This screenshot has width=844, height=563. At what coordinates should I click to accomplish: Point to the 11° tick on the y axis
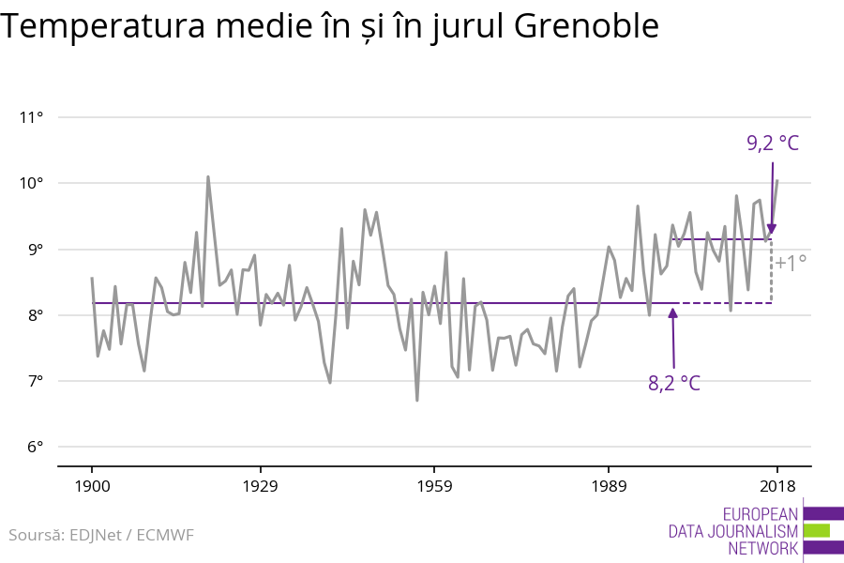(x=33, y=117)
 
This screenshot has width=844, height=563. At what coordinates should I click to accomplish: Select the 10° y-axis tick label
(x=33, y=183)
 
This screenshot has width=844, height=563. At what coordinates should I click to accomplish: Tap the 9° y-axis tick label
(x=35, y=250)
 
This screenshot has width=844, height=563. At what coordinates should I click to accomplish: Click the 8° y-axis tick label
(x=35, y=315)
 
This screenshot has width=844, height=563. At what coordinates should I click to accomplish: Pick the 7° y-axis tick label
(x=35, y=381)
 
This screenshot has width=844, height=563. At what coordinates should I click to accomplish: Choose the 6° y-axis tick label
(x=35, y=447)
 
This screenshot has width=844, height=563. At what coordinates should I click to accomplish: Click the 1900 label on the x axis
(x=92, y=486)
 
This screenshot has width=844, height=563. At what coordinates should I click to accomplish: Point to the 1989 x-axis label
(x=609, y=486)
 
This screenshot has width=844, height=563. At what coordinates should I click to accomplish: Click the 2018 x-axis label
(x=777, y=486)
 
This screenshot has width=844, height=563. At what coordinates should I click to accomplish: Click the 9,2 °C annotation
(x=773, y=144)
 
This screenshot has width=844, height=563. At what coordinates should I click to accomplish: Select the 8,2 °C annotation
(x=674, y=383)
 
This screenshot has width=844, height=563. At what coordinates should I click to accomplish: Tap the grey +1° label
(x=791, y=264)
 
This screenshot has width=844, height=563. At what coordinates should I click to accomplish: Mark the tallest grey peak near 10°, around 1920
(x=208, y=176)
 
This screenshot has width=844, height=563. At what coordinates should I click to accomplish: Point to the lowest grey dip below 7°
(x=416, y=401)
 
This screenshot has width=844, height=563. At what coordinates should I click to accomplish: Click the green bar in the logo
(x=816, y=530)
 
